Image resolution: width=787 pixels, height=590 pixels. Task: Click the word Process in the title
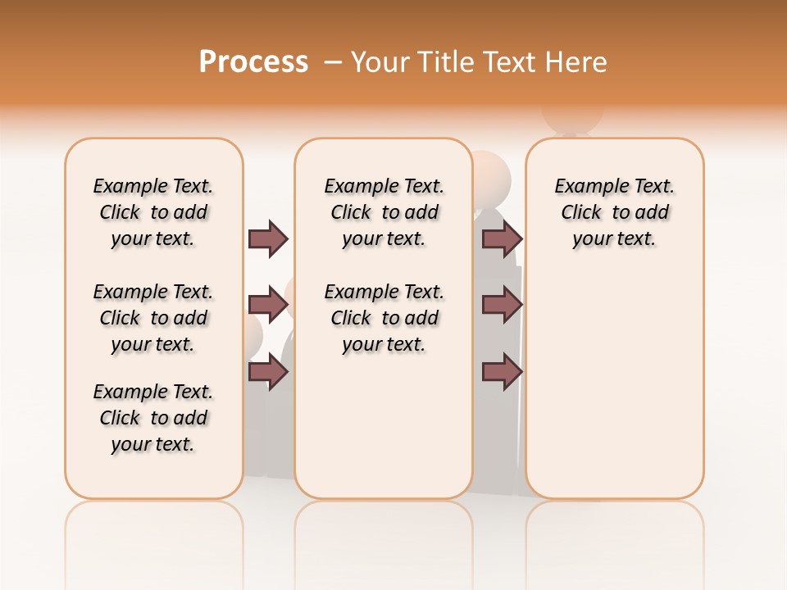253,61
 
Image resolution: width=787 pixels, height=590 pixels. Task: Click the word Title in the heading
448,62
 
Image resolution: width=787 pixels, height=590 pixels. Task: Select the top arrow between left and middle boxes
268,238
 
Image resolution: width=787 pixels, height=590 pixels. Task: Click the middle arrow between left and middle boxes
268,305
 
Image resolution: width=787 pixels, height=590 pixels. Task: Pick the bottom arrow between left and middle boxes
268,372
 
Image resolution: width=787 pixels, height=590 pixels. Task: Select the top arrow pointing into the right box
502,238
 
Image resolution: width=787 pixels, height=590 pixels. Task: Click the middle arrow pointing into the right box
502,305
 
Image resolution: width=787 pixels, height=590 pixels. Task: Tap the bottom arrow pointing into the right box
502,372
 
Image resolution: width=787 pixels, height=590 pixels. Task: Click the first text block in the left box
153,212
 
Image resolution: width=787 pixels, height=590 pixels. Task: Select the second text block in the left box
153,318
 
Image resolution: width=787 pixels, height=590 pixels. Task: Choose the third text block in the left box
153,418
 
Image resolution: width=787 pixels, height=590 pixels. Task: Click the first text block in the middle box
384,212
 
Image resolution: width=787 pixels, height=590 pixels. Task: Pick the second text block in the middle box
384,318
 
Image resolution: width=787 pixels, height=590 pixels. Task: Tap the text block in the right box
614,212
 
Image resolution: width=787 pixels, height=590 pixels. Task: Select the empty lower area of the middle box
384,426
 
